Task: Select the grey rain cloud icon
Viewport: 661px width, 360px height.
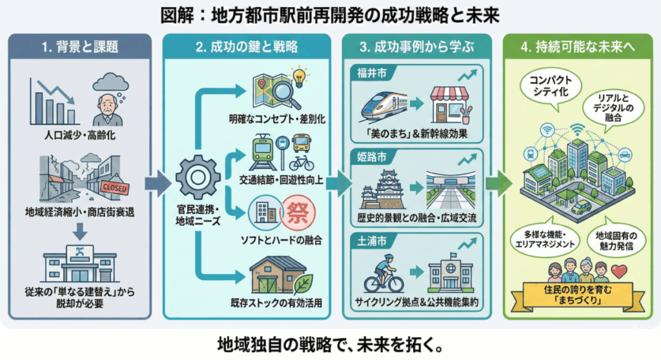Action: [x=110, y=83]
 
